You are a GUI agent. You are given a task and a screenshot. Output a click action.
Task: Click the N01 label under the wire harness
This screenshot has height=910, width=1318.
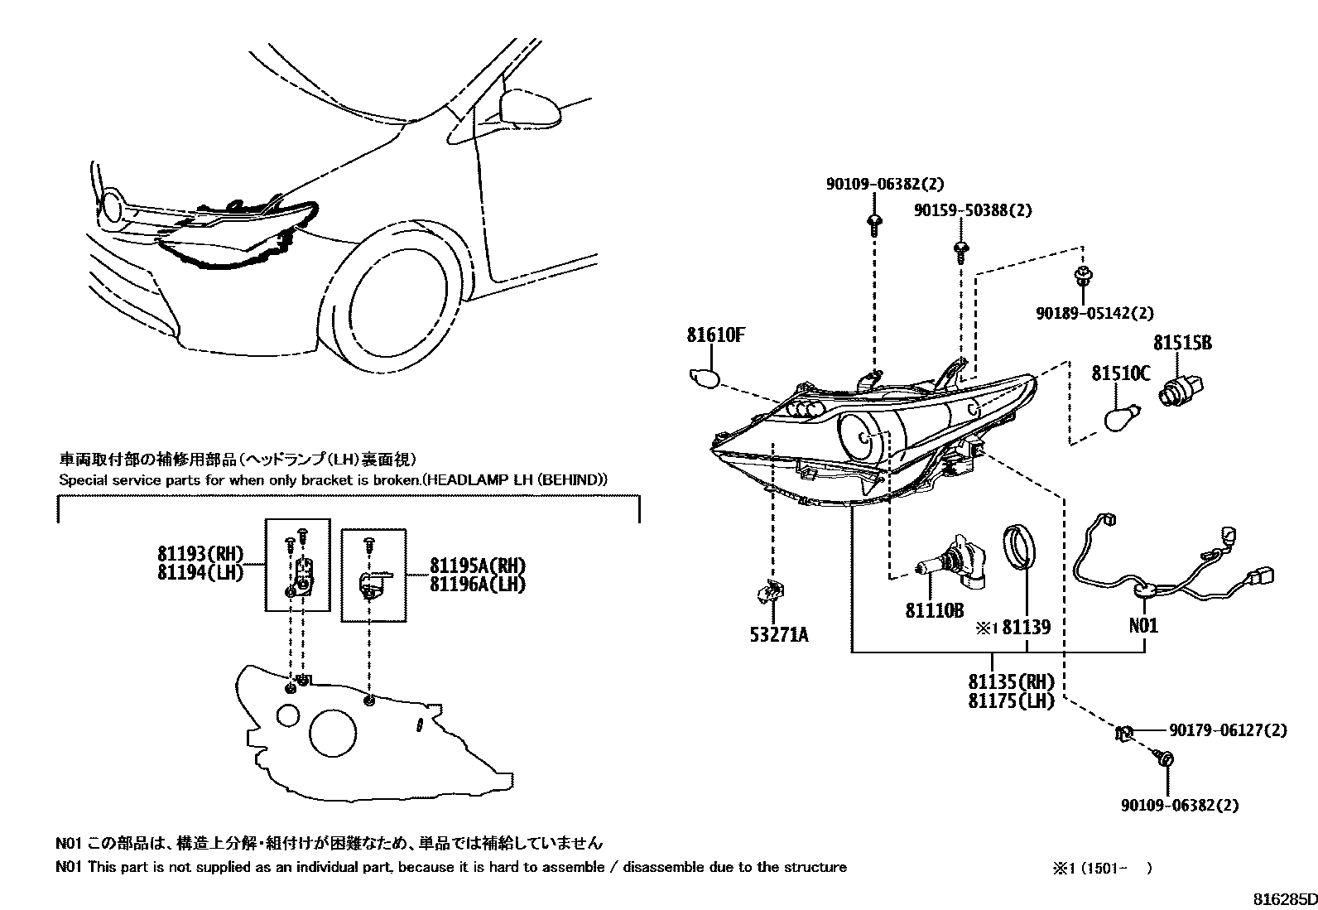pyautogui.click(x=1144, y=625)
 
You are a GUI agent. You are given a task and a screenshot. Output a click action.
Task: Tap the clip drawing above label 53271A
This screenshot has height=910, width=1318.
pyautogui.click(x=770, y=591)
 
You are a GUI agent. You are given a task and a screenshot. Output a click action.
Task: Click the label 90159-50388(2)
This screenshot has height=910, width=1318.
pyautogui.click(x=974, y=211)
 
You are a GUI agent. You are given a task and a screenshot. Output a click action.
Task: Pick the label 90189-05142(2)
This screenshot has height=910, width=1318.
pyautogui.click(x=1094, y=313)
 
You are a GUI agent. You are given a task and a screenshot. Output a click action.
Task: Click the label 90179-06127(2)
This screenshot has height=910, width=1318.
pyautogui.click(x=1229, y=730)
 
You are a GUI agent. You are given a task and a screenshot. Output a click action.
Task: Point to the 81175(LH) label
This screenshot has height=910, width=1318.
pyautogui.click(x=1011, y=701)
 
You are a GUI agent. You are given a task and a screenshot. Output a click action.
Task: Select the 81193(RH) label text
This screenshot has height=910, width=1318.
pyautogui.click(x=200, y=554)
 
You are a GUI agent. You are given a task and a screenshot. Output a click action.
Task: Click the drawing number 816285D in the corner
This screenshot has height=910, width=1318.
pyautogui.click(x=1283, y=898)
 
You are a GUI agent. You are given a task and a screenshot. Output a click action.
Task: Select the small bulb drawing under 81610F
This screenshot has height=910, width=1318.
pyautogui.click(x=705, y=378)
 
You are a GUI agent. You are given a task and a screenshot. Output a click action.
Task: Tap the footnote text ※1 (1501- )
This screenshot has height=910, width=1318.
pyautogui.click(x=1101, y=868)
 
